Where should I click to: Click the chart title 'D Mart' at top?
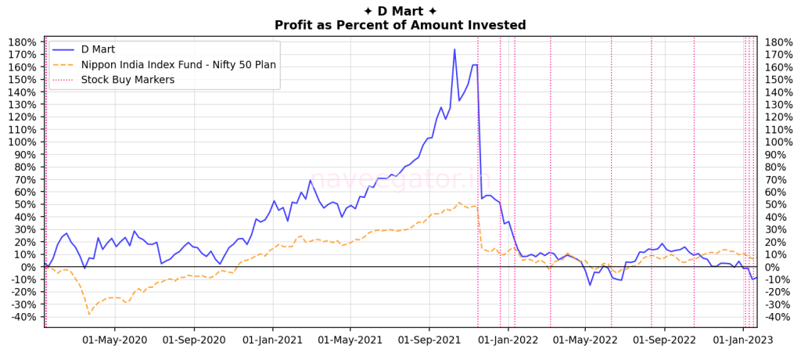400,10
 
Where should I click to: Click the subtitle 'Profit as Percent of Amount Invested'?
400,25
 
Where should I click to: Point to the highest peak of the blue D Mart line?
454,50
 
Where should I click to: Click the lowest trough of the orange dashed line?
89,314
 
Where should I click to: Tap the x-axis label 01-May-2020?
114,340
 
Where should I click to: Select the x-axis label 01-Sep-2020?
193,340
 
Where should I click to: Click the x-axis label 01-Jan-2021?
271,340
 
